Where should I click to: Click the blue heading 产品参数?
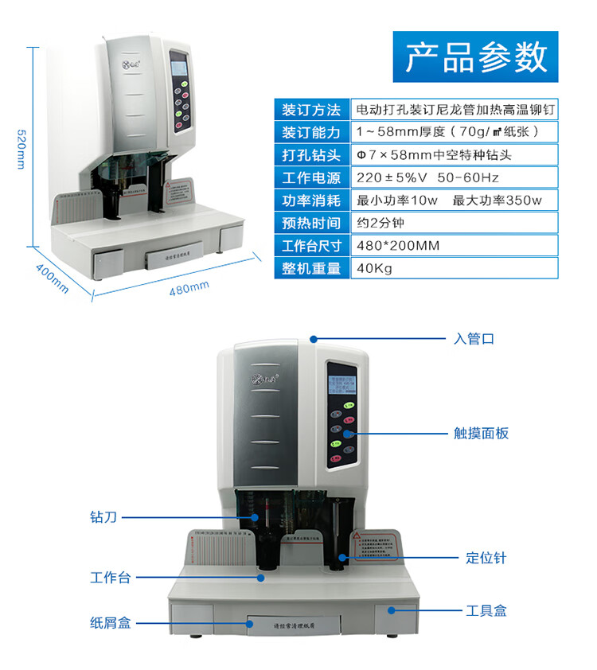tap(475, 56)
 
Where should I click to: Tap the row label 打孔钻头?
tap(310, 154)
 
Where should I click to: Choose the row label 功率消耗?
tap(310, 201)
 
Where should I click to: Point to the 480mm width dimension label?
tap(189, 288)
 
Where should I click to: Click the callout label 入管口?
tap(474, 339)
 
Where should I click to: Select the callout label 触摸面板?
tap(481, 434)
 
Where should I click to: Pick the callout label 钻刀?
tap(103, 517)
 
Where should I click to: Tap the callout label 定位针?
tap(486, 558)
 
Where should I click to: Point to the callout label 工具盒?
tap(486, 611)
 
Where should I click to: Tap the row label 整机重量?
tap(310, 269)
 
